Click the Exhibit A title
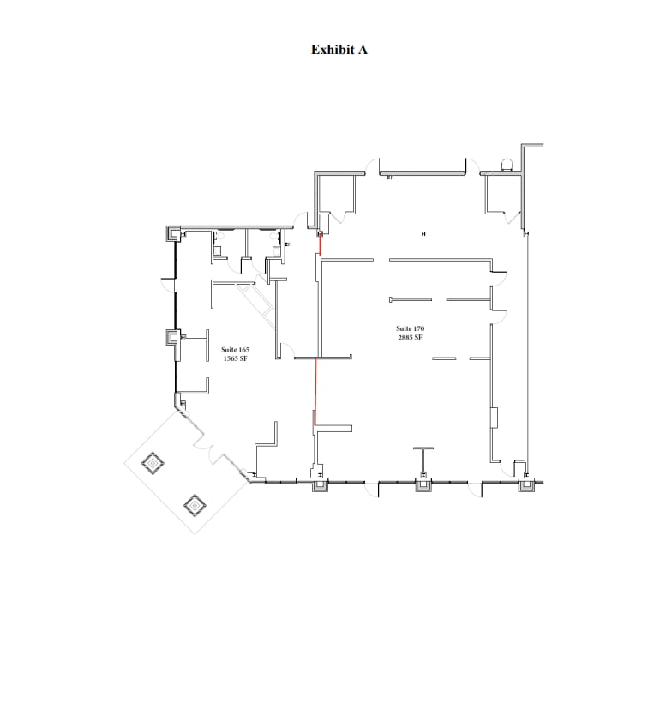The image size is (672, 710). (x=339, y=50)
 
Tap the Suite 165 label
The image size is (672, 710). (x=235, y=350)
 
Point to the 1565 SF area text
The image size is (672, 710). (x=235, y=358)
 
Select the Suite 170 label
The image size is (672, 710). (x=410, y=328)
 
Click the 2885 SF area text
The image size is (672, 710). (x=410, y=337)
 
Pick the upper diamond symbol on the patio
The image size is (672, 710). (x=153, y=464)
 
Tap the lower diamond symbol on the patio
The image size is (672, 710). (x=195, y=506)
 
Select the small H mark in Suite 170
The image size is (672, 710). (x=423, y=233)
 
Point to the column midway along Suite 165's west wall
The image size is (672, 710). (x=174, y=337)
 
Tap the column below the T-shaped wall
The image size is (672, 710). (x=423, y=484)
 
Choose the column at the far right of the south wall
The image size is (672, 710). (x=525, y=484)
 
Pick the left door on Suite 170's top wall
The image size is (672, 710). (x=371, y=165)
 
